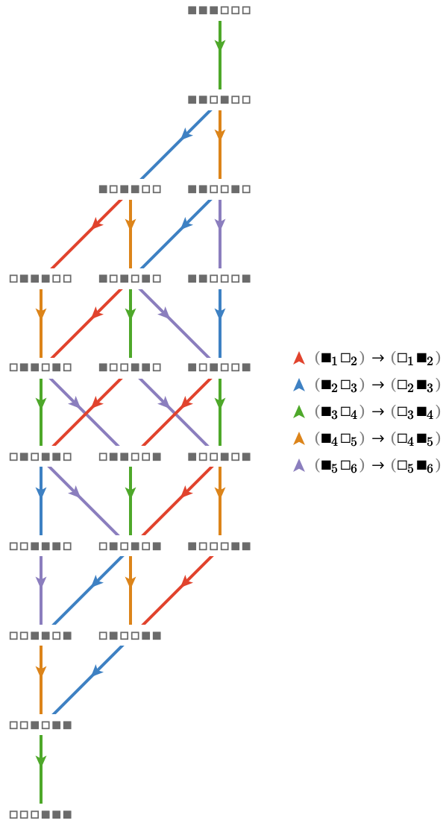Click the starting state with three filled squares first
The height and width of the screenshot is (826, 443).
(x=219, y=10)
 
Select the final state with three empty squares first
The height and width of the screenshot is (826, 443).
(x=40, y=814)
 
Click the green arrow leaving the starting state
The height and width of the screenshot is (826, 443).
(x=220, y=54)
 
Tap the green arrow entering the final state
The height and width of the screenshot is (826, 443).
(x=40, y=769)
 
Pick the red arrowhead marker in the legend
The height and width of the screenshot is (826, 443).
(x=298, y=359)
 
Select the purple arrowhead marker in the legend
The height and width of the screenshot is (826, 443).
(x=298, y=465)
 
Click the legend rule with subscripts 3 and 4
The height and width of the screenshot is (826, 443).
(x=377, y=412)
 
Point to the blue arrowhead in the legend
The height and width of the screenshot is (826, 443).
(x=298, y=385)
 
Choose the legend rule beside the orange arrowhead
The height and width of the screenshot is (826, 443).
(x=377, y=438)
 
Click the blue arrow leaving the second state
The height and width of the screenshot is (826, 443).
(x=175, y=145)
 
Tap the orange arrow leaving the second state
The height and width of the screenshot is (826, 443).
(x=220, y=145)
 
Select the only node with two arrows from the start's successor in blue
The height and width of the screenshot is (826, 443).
(x=130, y=189)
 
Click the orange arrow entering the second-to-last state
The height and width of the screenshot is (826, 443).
(x=40, y=680)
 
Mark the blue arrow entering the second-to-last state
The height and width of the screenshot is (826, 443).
(x=88, y=680)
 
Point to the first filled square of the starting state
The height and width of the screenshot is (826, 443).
(x=192, y=10)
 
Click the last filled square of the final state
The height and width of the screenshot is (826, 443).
(x=67, y=814)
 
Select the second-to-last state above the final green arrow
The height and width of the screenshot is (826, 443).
(x=40, y=725)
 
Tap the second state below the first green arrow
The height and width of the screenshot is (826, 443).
(x=219, y=100)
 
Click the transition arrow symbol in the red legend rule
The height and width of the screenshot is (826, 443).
(x=377, y=359)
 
